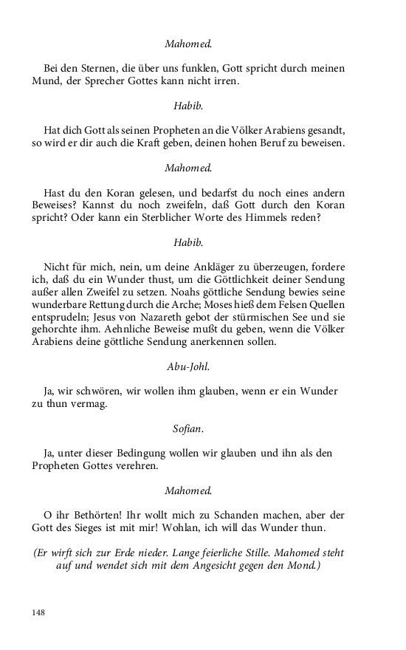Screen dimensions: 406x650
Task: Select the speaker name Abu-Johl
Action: tap(188, 365)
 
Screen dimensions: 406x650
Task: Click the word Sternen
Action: tap(89, 68)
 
